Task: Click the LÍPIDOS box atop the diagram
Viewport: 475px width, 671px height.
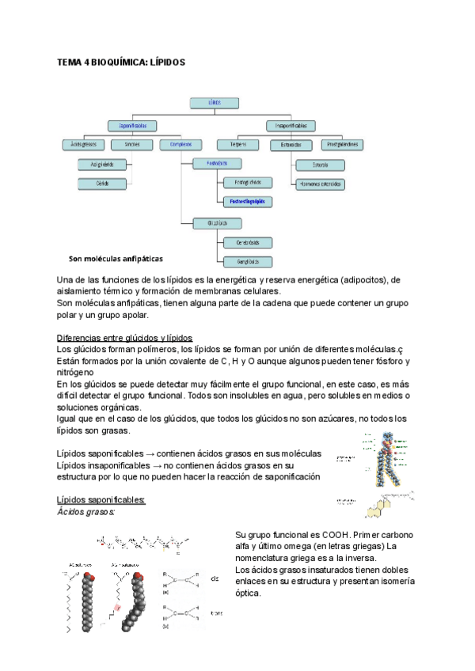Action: pos(215,102)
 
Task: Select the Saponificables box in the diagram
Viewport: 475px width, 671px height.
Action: pos(132,125)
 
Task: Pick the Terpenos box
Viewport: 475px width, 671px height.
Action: pos(238,145)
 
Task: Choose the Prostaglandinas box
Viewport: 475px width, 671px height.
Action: pos(343,145)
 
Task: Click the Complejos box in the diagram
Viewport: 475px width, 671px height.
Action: pos(181,145)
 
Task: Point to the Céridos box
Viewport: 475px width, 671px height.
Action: pos(102,184)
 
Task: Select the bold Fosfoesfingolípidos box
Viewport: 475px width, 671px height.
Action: pos(246,202)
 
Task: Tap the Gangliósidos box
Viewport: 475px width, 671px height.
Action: pos(237,261)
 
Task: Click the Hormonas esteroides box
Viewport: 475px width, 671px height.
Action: pos(321,184)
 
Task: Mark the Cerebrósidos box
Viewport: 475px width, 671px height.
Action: pos(237,242)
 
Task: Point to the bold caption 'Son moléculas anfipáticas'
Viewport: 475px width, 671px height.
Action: pos(116,258)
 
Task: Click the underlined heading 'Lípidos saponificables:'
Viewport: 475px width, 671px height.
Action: pos(101,501)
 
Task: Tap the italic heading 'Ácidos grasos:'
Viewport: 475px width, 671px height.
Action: pos(86,512)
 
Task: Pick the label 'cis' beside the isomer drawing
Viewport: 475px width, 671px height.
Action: pos(215,579)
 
